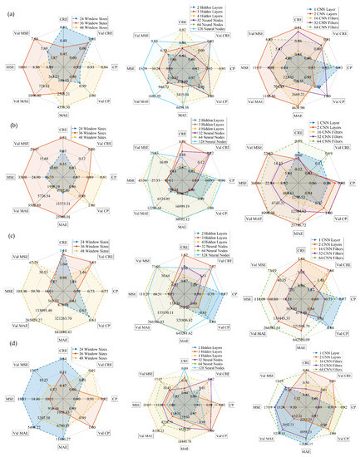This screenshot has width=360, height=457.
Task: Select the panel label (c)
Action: [x=8, y=234]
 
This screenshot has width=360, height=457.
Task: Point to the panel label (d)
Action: [x=8, y=347]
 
